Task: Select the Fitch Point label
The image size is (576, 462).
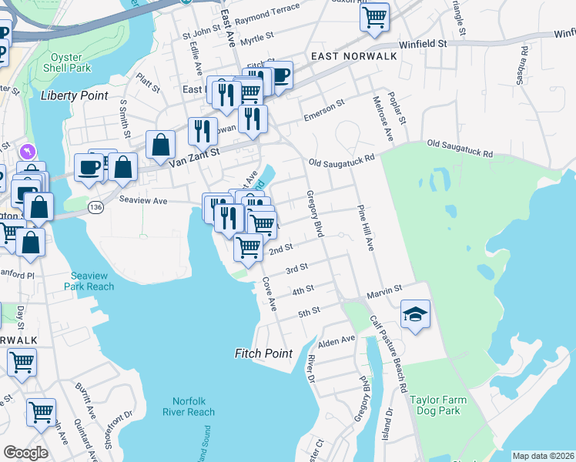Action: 263,353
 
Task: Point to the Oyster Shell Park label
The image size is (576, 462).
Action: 70,62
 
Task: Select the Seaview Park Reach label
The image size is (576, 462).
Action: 92,281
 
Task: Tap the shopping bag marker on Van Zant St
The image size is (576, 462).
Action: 160,145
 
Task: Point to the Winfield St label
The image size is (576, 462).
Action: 420,44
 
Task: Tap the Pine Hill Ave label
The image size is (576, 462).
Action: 365,227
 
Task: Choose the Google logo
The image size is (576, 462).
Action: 25,453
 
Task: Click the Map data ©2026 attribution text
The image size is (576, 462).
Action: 543,456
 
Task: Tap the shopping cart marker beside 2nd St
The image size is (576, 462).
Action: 248,248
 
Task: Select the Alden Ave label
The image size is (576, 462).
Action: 337,340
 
